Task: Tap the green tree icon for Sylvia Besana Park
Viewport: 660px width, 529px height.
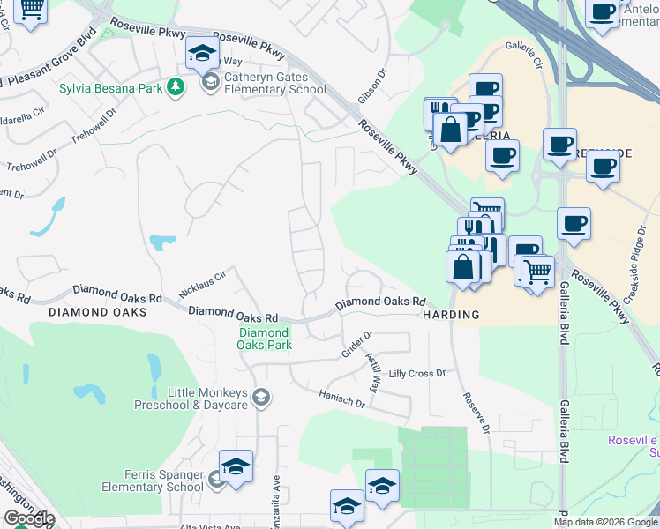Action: pos(176,86)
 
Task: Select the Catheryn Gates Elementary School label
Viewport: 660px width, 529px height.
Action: pos(263,83)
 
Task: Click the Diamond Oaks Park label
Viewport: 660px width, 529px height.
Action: pos(264,339)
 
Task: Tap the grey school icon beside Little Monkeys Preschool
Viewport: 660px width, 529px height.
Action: pos(260,399)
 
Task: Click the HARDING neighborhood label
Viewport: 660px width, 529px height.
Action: pos(450,315)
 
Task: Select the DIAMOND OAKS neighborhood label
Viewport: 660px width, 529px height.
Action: pos(97,312)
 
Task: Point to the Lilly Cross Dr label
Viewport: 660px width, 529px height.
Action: pos(417,374)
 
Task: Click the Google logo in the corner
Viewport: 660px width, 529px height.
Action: pos(28,519)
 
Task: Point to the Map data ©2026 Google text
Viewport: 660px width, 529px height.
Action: pos(605,522)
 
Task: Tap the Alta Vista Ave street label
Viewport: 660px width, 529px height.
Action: pos(208,526)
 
